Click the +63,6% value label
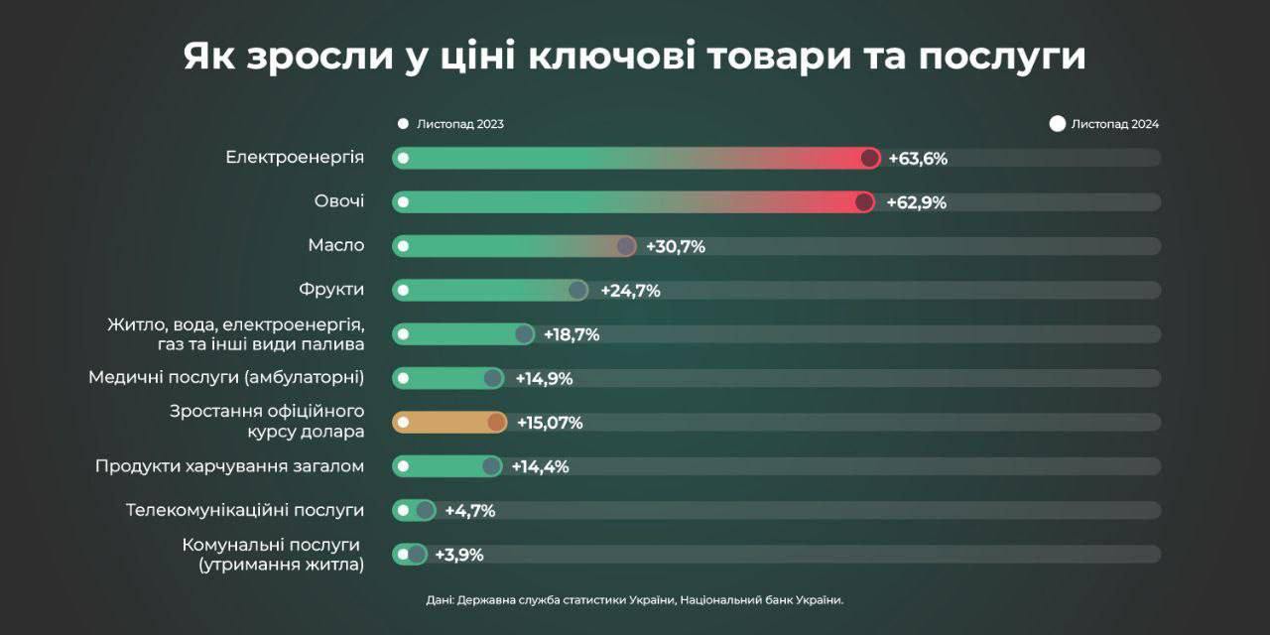918,159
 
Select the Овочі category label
339,201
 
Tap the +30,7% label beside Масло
675,247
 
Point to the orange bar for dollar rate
448,423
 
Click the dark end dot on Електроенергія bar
870,158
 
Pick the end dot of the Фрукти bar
577,290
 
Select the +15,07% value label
549,423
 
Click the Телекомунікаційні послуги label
245,510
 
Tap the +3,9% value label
458,555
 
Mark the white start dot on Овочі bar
403,202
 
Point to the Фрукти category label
331,290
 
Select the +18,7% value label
571,334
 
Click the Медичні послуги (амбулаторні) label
226,377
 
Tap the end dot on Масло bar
625,246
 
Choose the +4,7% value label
469,511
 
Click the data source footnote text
635,599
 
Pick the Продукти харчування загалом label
229,466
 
